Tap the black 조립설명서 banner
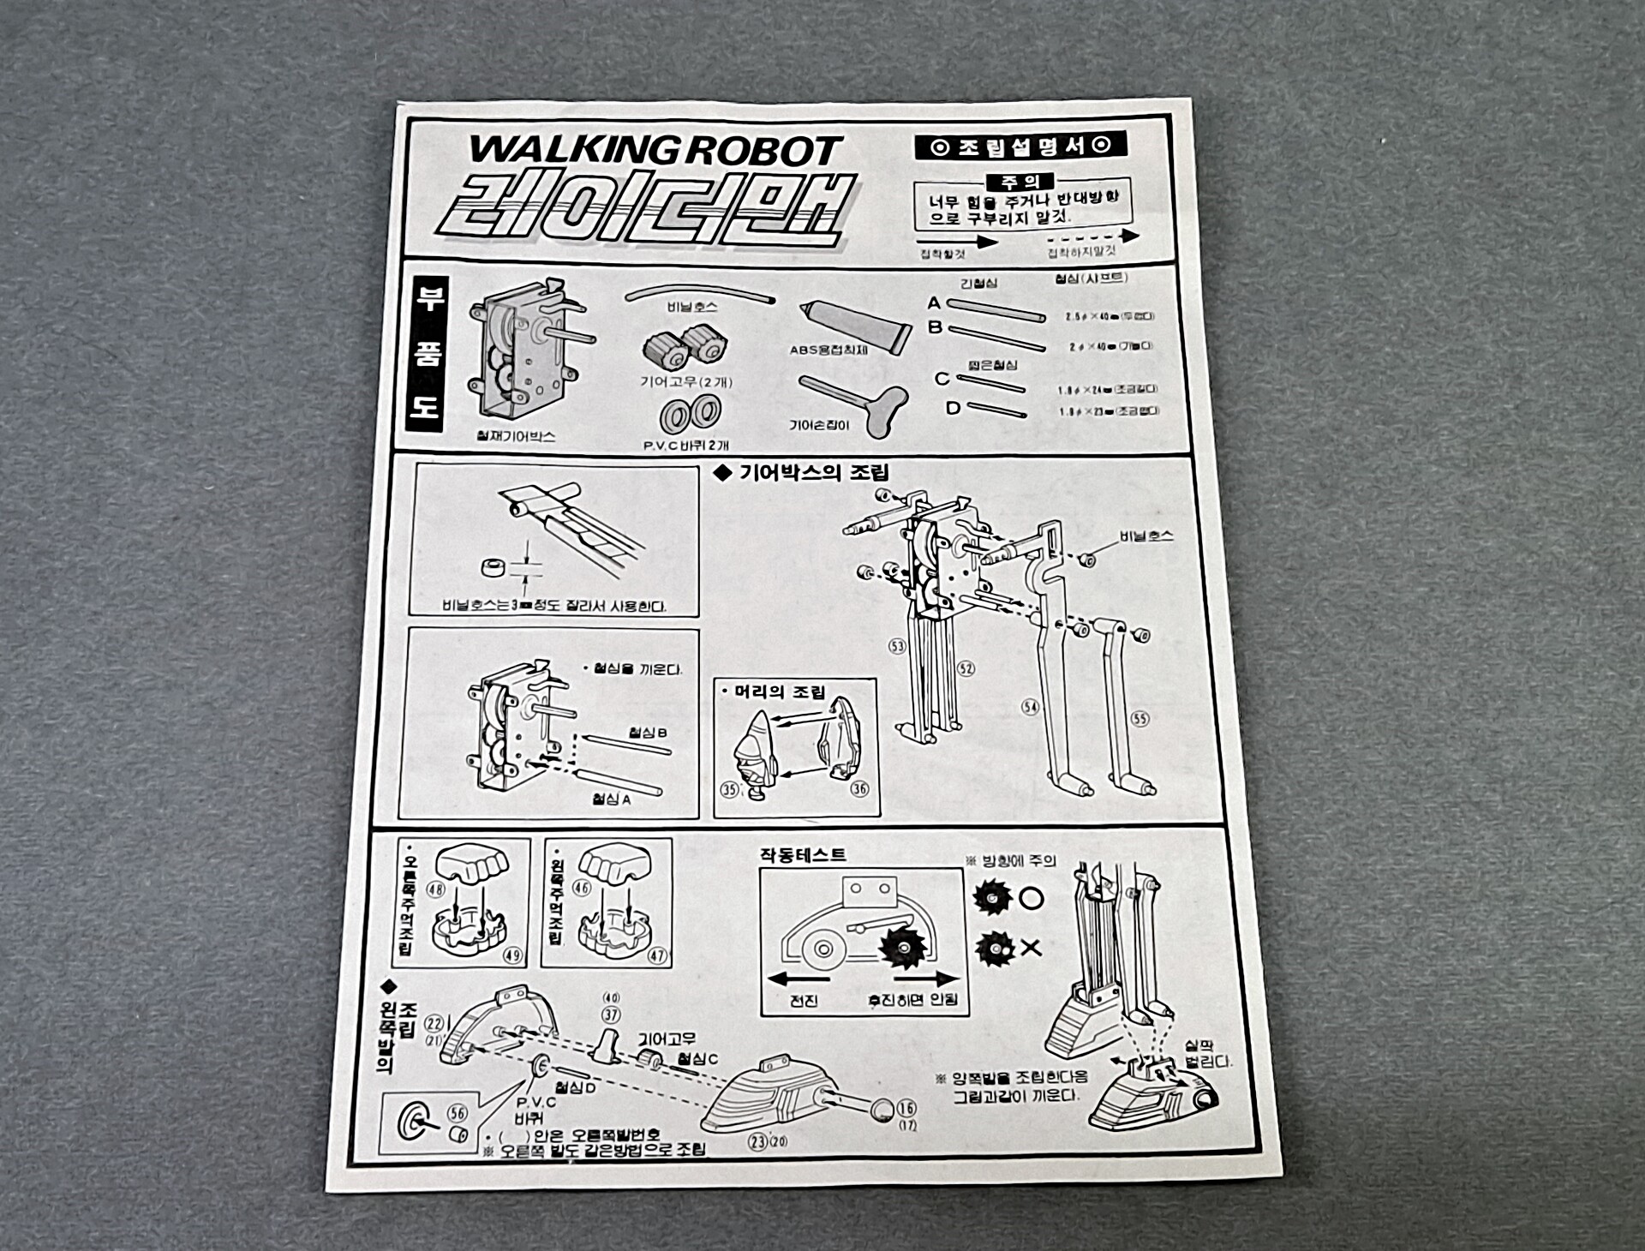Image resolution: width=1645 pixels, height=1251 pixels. coord(1020,146)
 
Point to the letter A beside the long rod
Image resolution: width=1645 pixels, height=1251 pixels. coord(934,303)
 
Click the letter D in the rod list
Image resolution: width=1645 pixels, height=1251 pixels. coord(953,409)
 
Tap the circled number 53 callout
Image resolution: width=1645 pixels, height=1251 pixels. coord(897,646)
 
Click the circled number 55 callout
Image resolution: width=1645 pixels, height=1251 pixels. coord(1139,718)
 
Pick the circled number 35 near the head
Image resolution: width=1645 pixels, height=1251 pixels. coord(729,789)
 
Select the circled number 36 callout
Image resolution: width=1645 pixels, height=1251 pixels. coord(858,788)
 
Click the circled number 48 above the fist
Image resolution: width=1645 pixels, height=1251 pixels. coord(436,889)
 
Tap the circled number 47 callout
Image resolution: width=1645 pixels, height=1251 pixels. coord(657,955)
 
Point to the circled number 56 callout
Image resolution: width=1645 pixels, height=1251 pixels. coord(458,1112)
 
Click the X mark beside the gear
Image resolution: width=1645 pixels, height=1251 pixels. coord(1032,947)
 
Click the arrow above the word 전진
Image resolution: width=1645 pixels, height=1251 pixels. coord(799,979)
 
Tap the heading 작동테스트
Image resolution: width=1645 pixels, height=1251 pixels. coord(803,854)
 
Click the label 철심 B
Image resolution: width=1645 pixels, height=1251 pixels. coord(647,733)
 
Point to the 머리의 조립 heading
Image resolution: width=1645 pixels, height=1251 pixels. coord(779,691)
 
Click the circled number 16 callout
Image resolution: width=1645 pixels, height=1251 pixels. coord(906,1109)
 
